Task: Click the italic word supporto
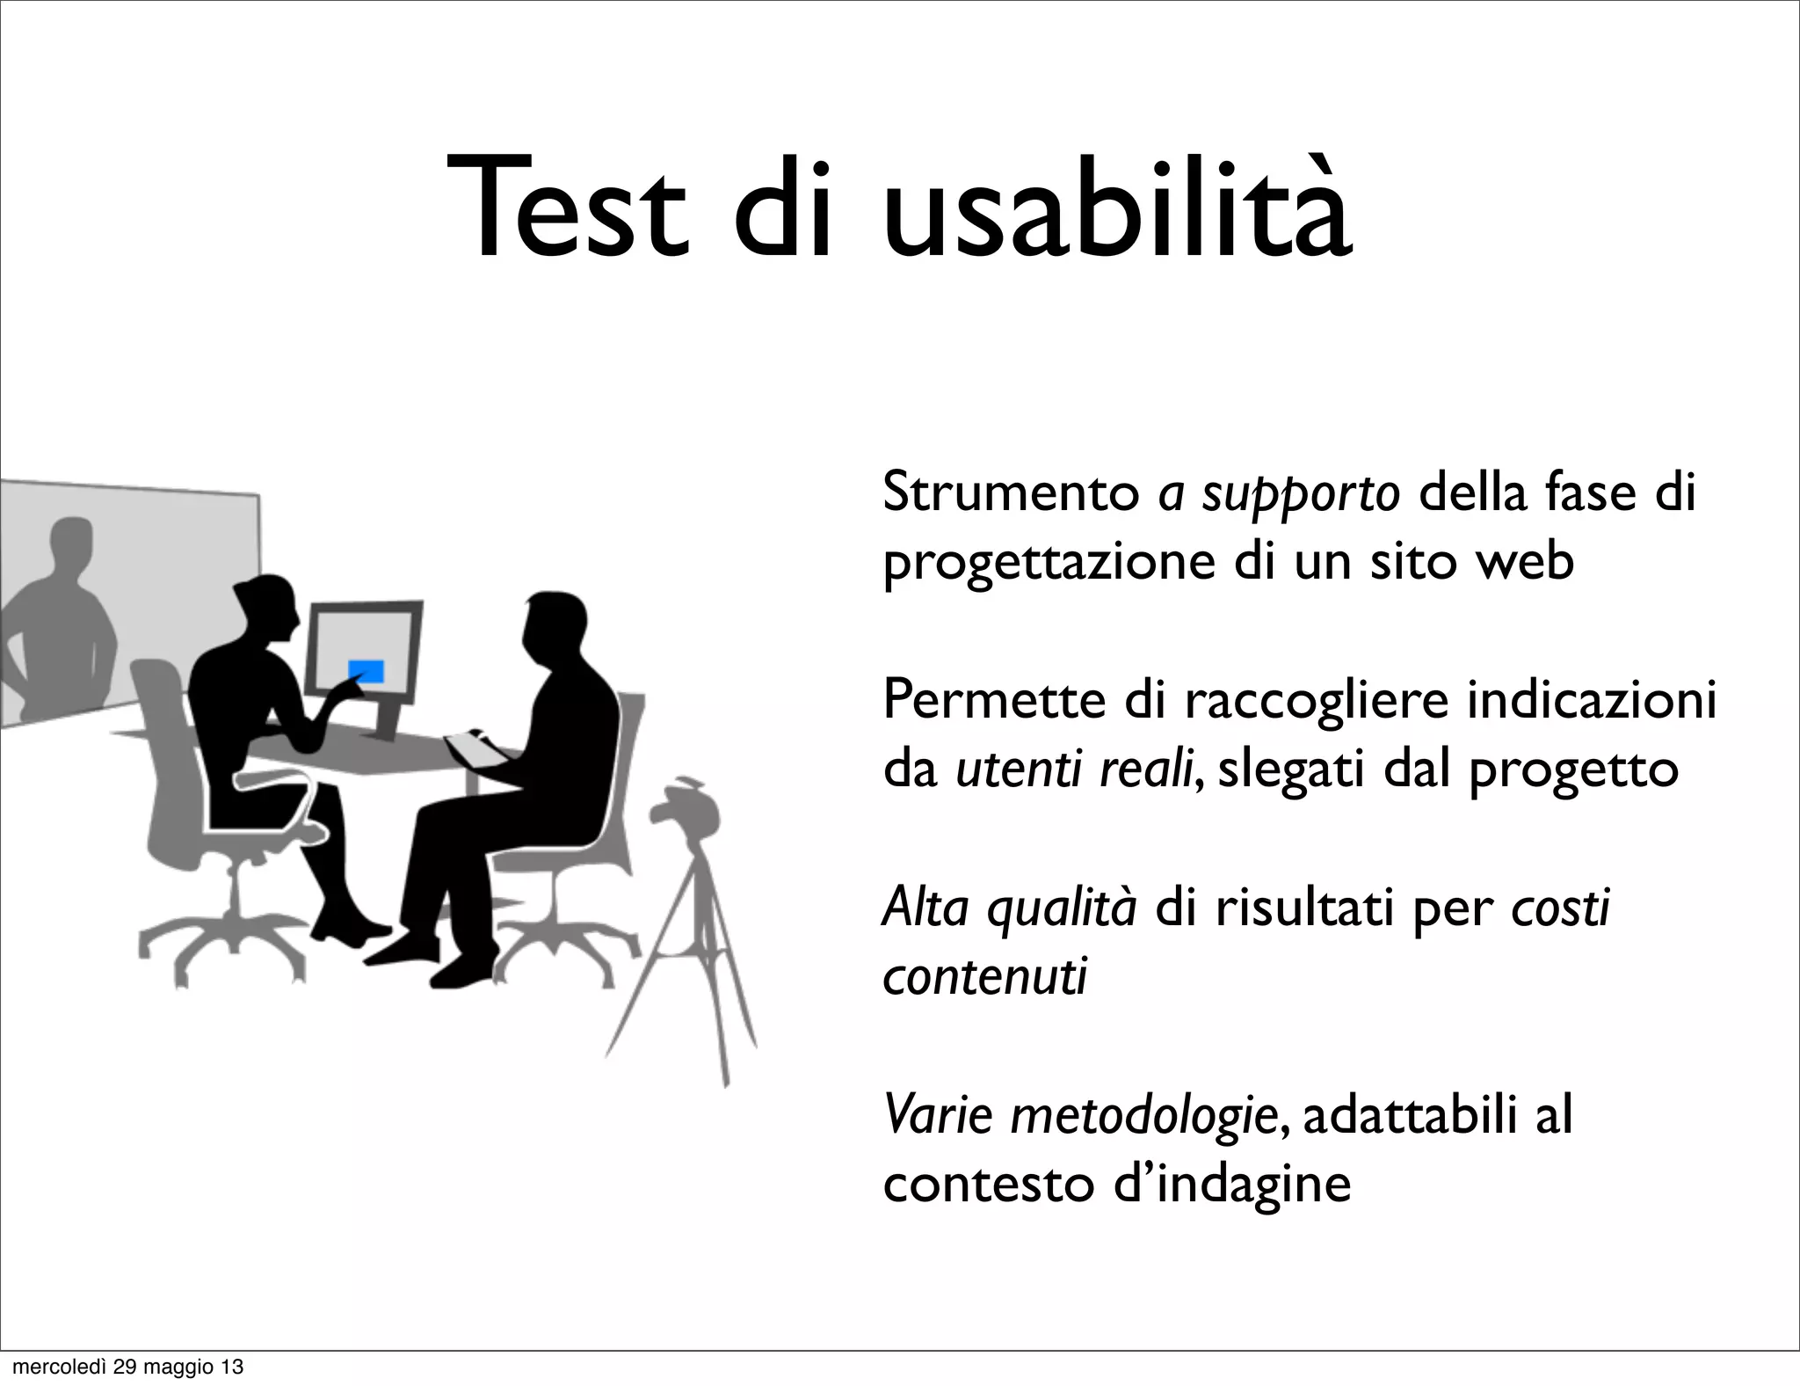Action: click(x=1301, y=494)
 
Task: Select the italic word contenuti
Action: click(x=984, y=975)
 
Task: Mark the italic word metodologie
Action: click(x=1143, y=1116)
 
